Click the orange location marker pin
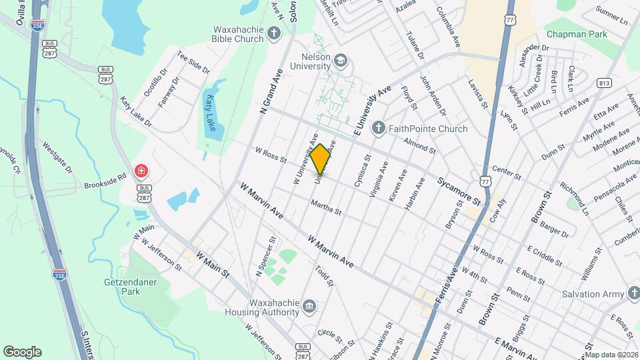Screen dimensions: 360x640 [x=321, y=159]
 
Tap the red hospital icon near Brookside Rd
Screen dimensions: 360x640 [x=141, y=171]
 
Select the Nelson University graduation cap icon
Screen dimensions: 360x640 [x=341, y=61]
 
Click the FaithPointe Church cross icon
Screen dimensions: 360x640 [x=378, y=128]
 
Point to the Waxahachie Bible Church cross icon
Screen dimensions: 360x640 [x=273, y=33]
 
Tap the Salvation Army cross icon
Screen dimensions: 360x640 [x=633, y=293]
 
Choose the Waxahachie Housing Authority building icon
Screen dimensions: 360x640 [x=309, y=307]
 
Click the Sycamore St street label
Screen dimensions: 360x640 [x=458, y=190]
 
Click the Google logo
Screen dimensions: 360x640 [x=22, y=352]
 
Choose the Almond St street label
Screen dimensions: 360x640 [x=419, y=146]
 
